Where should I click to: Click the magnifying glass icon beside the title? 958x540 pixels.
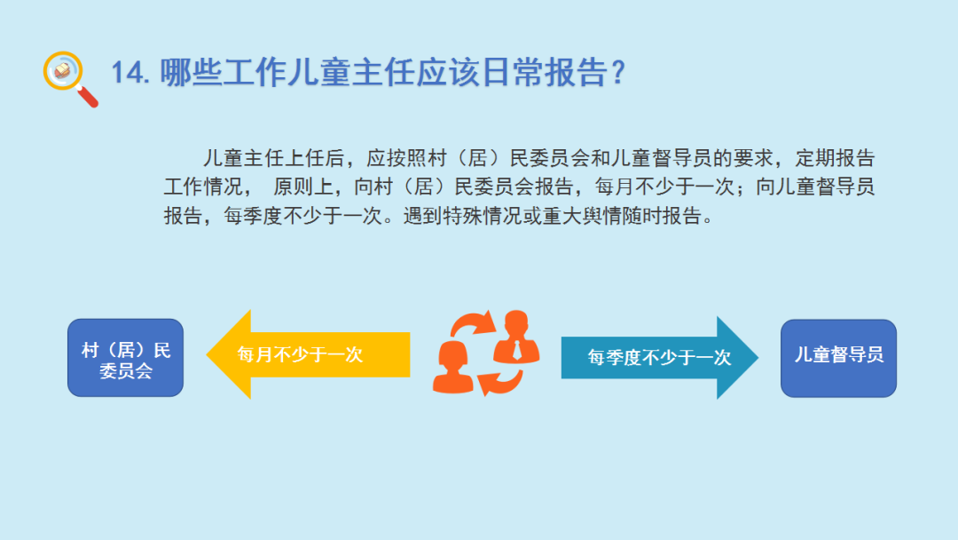70,78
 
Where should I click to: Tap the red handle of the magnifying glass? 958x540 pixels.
87,97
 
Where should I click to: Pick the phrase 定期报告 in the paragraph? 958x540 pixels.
835,158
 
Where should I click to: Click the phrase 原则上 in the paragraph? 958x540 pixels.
302,187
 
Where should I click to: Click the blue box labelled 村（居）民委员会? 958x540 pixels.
125,358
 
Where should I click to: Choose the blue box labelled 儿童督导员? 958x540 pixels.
838,358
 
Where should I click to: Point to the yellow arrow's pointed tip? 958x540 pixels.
207,354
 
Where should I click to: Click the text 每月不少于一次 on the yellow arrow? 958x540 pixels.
300,354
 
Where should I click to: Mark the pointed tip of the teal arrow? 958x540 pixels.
758,358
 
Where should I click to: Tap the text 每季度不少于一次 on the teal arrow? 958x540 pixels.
659,358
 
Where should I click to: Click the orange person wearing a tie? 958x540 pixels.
516,338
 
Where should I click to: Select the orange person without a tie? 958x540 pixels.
452,368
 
